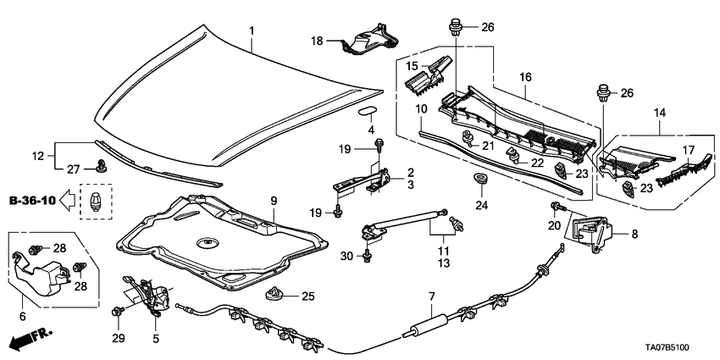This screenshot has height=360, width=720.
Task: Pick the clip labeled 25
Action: [x=274, y=296]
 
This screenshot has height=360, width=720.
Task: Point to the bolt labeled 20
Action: [x=557, y=207]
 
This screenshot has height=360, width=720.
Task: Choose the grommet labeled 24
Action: [x=478, y=180]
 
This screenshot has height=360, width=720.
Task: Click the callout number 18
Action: [x=317, y=41]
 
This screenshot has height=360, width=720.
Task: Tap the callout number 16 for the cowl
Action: [x=524, y=77]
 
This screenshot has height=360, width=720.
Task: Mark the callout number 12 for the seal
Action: [x=36, y=156]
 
